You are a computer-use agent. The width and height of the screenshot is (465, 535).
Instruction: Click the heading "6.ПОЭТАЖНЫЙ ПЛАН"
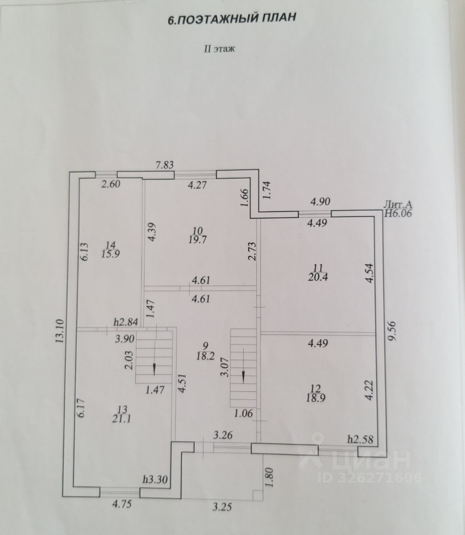click(232, 18)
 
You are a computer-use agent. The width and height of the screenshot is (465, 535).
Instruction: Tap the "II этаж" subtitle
click(219, 49)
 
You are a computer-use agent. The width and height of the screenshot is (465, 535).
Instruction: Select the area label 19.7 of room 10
click(198, 240)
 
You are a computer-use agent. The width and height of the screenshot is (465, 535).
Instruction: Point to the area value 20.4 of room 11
click(318, 277)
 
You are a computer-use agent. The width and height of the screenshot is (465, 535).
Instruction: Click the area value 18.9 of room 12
click(316, 398)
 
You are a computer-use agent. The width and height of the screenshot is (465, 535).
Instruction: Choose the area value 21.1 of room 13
click(121, 419)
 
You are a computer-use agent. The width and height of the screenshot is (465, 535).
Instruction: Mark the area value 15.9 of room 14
click(110, 254)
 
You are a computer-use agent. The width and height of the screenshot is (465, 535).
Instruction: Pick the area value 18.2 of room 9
click(205, 356)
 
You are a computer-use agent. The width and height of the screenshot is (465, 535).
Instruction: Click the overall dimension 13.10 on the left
click(60, 331)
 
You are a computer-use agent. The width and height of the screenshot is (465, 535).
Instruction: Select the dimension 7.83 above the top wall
click(165, 165)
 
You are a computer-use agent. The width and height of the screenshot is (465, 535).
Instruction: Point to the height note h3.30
click(155, 479)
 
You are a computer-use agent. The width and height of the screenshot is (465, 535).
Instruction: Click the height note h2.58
click(360, 439)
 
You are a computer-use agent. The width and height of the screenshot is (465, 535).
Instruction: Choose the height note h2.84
click(126, 322)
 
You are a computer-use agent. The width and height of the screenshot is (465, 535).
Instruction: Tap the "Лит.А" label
click(398, 205)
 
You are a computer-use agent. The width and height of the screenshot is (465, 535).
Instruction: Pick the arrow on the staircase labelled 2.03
click(154, 369)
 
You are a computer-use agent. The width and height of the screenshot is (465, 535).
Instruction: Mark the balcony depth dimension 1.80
click(270, 478)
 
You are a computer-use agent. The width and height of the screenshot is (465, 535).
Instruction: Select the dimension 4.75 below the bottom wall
click(122, 504)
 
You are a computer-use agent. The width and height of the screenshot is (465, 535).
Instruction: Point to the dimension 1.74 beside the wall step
click(266, 191)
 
